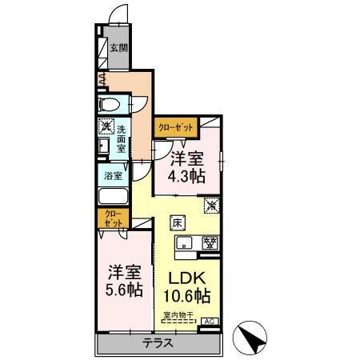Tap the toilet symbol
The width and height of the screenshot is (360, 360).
point(111,105)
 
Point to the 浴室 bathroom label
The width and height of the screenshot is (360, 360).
point(113,175)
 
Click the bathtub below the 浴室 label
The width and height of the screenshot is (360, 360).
point(113,198)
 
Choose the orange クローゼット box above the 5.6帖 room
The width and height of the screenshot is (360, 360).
point(113,218)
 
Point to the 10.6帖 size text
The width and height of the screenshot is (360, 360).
point(187,298)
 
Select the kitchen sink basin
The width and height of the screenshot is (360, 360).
point(183,244)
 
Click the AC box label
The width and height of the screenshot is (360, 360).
point(209,322)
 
